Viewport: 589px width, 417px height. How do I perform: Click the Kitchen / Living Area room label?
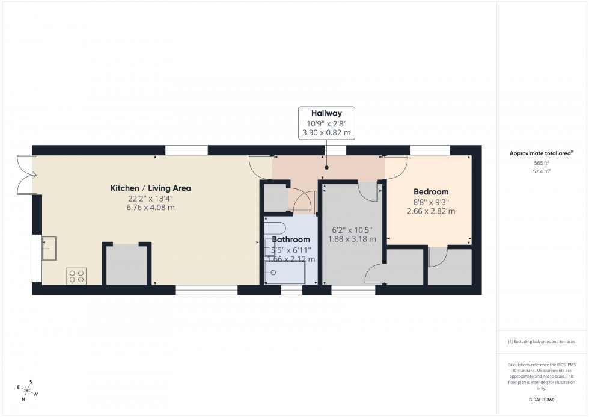(150, 188)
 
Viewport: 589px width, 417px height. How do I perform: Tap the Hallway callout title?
(326, 113)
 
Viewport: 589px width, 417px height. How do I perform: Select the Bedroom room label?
(431, 192)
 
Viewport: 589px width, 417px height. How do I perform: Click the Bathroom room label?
(291, 239)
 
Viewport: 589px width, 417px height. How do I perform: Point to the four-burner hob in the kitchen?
(76, 276)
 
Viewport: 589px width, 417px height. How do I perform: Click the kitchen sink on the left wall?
(49, 249)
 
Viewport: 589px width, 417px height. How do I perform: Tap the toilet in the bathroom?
(274, 229)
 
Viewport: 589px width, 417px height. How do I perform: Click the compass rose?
(28, 392)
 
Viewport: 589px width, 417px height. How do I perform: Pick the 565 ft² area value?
(542, 163)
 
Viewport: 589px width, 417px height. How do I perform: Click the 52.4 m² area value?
(542, 171)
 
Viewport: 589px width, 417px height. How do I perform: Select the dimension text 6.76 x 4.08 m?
(150, 208)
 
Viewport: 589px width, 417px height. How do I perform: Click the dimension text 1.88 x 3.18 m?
(352, 239)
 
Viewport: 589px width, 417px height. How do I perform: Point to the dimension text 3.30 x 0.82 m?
(326, 132)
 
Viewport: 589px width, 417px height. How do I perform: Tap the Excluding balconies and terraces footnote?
(542, 341)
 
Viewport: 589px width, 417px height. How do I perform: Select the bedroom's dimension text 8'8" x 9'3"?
(431, 202)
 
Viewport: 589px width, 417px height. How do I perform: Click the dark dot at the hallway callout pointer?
(326, 168)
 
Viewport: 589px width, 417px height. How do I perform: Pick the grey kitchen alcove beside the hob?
(126, 265)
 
